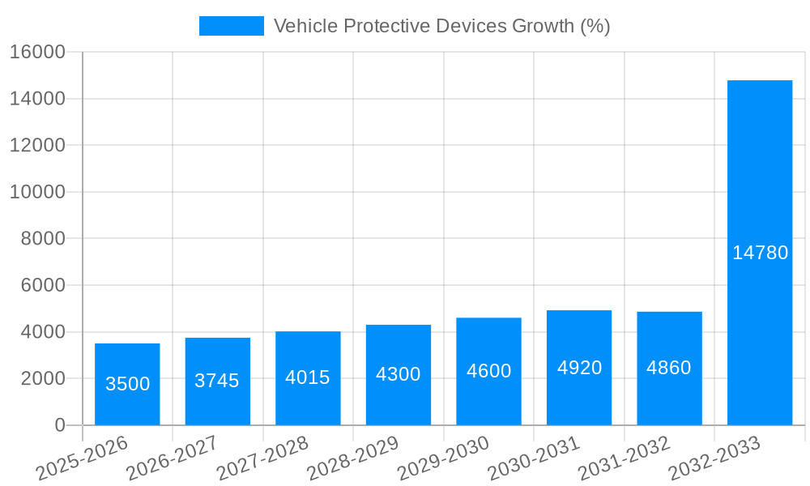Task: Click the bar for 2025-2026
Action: coord(127,384)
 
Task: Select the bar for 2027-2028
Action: coord(308,378)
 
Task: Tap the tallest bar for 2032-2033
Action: coord(760,253)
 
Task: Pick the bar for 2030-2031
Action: coord(579,368)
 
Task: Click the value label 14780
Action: coord(760,253)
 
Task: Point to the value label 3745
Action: coord(217,381)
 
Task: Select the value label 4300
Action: coord(399,374)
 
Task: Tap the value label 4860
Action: coord(669,368)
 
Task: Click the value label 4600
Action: coord(488,371)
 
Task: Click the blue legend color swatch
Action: coord(232,26)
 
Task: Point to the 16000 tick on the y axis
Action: coord(37,52)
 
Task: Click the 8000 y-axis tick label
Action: coord(42,239)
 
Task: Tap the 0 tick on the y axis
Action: coord(59,425)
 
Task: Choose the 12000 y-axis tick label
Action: coord(37,146)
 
